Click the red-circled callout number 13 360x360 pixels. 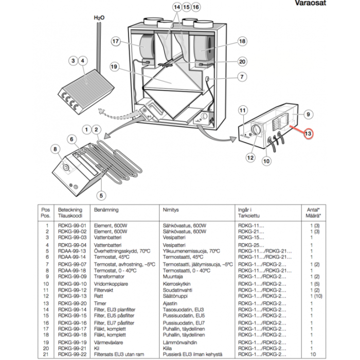(308, 134)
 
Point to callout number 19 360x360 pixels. (114, 67)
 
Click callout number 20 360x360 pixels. (242, 61)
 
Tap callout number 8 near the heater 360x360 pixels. (56, 150)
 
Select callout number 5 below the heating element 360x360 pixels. (101, 195)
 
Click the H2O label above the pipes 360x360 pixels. (99, 17)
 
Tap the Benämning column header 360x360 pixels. (106, 210)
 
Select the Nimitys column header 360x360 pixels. (171, 210)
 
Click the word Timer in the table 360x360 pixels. (100, 304)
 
